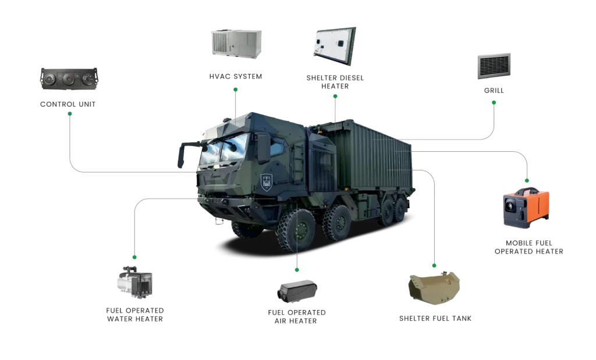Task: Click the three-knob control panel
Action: pos(68,79)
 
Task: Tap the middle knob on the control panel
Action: pos(69,80)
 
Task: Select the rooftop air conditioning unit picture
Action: pos(237,42)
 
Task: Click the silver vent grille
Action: pos(493,65)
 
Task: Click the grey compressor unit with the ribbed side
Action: pos(134,283)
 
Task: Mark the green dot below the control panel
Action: pos(70,114)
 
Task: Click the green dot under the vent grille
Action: pos(494,103)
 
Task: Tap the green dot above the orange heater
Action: pos(527,180)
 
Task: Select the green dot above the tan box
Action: pos(433,265)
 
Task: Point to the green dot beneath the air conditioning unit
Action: pos(235,90)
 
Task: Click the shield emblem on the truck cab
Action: pos(267,182)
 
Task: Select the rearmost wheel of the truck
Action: pos(399,209)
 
